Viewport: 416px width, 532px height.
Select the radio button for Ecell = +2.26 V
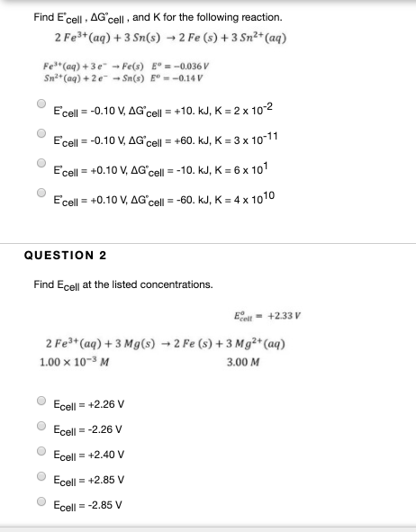click(x=41, y=402)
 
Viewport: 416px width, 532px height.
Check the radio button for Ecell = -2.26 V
click(x=41, y=428)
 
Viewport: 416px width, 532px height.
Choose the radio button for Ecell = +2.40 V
click(x=41, y=453)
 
